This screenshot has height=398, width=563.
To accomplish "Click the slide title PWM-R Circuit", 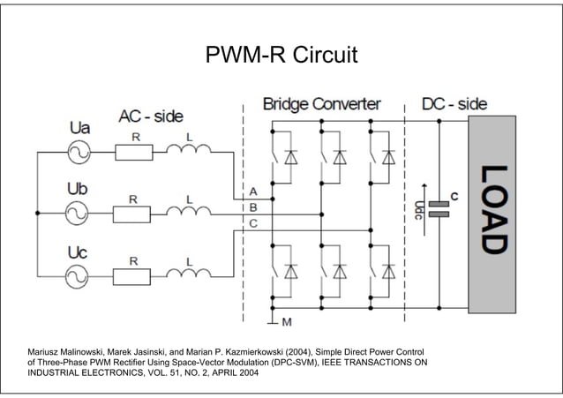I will pos(281,56).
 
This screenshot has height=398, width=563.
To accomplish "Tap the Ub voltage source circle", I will pos(77,213).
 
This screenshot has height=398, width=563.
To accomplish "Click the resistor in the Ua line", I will pos(134,152).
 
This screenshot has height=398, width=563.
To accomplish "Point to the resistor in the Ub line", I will pos(134,213).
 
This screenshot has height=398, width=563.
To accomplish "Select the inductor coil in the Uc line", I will pos(189,274).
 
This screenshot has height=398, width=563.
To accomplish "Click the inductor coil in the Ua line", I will pos(189,150).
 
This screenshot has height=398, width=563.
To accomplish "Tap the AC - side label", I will pos(151,116).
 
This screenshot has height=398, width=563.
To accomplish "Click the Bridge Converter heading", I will pos(321,104).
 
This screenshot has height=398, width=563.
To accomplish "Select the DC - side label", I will pos(454,104).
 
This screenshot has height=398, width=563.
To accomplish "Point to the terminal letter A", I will pos(253,191).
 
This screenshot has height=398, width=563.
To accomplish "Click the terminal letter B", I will pos(253,207).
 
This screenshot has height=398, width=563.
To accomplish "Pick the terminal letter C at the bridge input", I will pos(253,224).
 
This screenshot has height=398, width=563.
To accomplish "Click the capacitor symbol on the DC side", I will pos(439,209).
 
